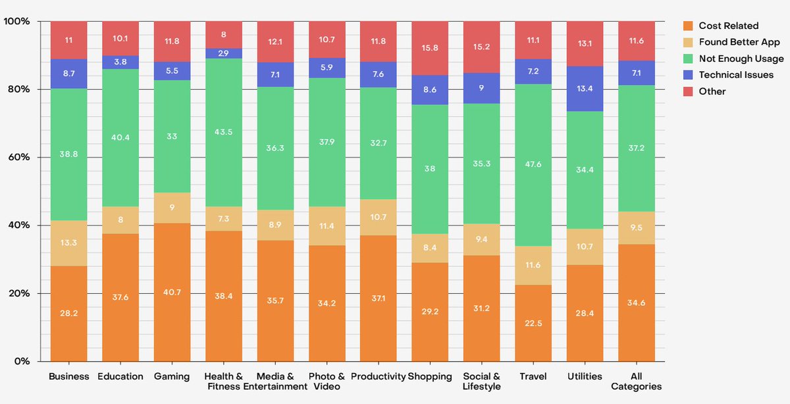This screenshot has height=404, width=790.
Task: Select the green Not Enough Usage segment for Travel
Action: pos(534,165)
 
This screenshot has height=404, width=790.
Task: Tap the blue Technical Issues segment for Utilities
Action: pos(585,88)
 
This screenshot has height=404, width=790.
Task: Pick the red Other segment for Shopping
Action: pos(431,48)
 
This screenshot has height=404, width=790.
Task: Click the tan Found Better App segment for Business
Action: pos(69,243)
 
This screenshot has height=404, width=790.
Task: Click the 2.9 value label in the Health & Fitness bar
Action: pos(224,53)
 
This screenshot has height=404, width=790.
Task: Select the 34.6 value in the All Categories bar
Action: pos(637,313)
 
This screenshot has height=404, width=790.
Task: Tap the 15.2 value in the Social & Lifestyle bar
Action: pos(482,47)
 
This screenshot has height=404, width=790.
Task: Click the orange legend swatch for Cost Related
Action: pos(689,26)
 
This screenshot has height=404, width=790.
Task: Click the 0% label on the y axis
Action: pos(22,361)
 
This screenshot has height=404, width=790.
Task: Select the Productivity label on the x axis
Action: pos(379,376)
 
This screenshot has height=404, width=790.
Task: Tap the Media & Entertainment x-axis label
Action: pos(275,381)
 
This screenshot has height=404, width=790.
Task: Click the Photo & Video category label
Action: pos(327,381)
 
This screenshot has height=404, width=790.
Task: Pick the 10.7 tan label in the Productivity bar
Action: pos(379,217)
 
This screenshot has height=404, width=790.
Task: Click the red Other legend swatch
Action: pos(689,91)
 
